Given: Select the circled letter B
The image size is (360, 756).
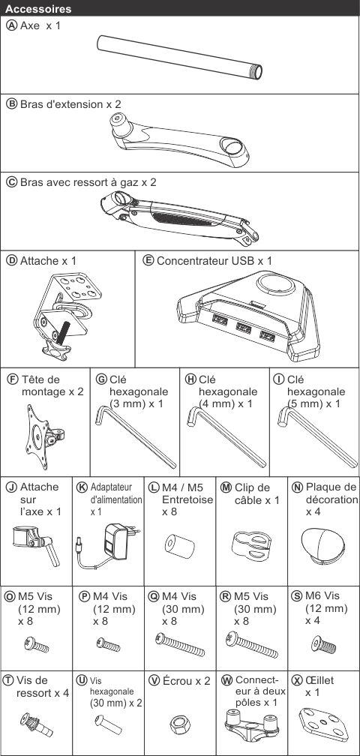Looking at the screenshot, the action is click(x=10, y=104).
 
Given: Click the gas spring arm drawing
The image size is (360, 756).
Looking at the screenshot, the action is click(x=180, y=217).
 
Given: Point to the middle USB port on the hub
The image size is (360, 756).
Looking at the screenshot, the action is click(x=243, y=327).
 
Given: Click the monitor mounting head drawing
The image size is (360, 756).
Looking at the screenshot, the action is click(x=43, y=436).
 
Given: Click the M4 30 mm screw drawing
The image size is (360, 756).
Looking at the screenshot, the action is click(x=180, y=645).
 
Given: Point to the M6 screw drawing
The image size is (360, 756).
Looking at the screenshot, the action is click(x=323, y=643).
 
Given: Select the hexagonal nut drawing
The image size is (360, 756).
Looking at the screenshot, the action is click(x=179, y=724).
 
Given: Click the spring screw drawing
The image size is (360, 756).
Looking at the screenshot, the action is click(x=37, y=725).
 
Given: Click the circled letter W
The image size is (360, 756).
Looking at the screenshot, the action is click(x=226, y=681).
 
